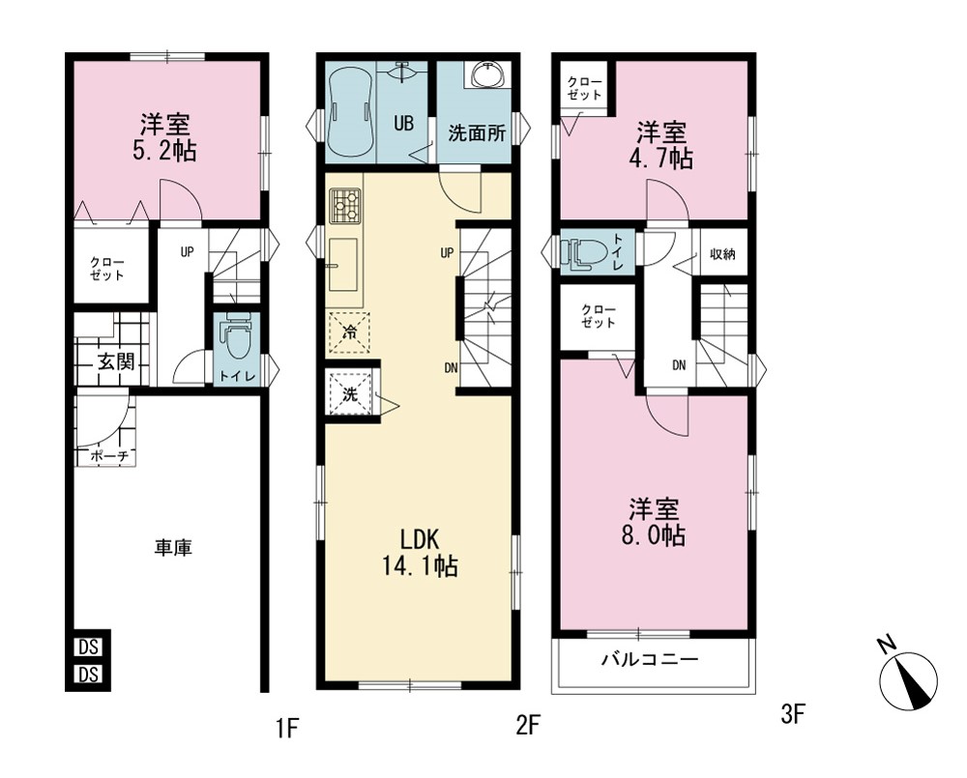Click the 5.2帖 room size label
tap(164, 151)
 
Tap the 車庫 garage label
tap(173, 547)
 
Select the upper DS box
tap(89, 648)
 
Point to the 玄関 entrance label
tap(117, 361)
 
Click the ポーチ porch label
tap(109, 456)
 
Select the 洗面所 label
tap(477, 133)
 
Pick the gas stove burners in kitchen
tap(345, 206)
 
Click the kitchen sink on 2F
tap(343, 265)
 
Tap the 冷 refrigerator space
tap(349, 332)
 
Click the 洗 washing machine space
tap(350, 394)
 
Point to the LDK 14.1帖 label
tap(420, 553)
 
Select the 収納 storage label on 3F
tap(722, 254)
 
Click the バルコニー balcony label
tap(651, 660)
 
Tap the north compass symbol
tap(910, 679)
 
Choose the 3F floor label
tap(793, 715)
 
